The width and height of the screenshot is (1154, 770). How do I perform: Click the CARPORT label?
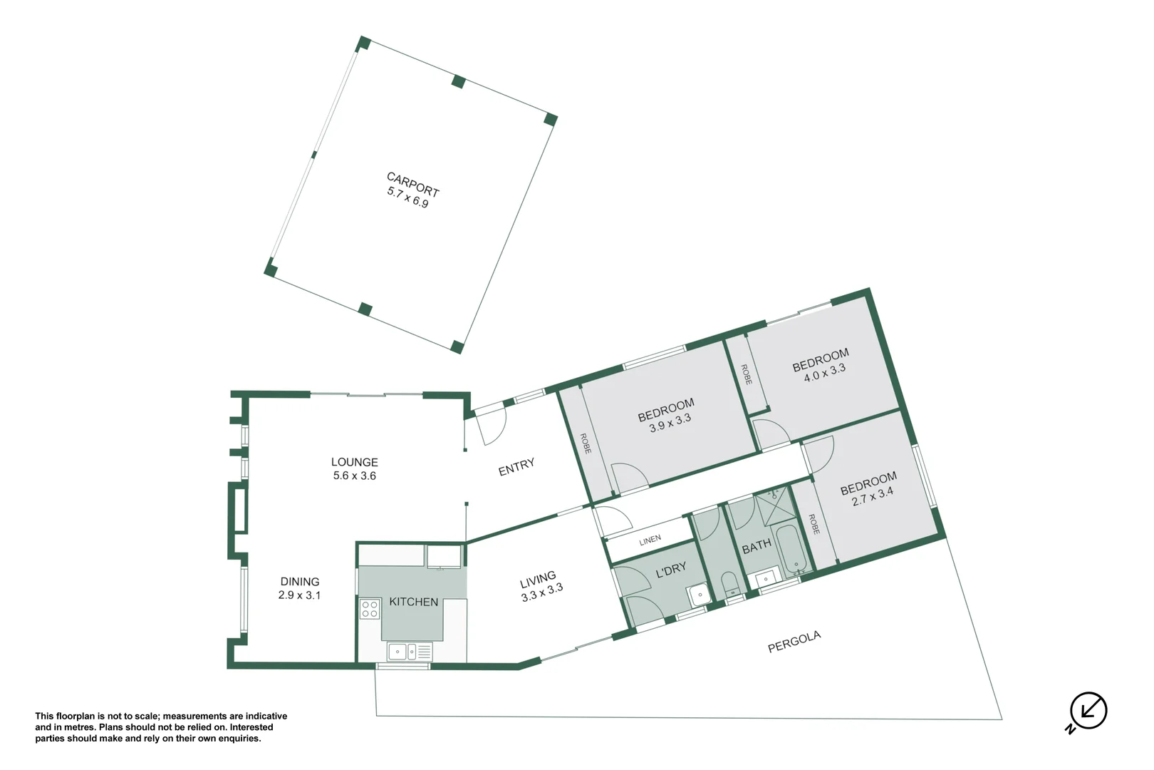pyautogui.click(x=412, y=184)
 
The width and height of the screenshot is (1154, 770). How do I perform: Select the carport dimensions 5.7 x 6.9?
pyautogui.click(x=407, y=197)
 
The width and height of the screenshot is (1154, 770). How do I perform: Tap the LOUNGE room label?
pyautogui.click(x=354, y=462)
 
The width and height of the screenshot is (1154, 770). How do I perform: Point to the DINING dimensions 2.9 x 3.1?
pyautogui.click(x=299, y=595)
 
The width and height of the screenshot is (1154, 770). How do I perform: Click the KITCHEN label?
pyautogui.click(x=413, y=602)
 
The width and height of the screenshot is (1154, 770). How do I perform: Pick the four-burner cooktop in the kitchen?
pyautogui.click(x=370, y=609)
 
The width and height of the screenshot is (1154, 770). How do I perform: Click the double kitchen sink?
pyautogui.click(x=402, y=651)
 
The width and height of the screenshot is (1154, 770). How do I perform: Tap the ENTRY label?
pyautogui.click(x=516, y=468)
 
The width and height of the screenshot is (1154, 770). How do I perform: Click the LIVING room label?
pyautogui.click(x=538, y=578)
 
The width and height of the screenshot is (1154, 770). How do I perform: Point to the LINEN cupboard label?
pyautogui.click(x=650, y=540)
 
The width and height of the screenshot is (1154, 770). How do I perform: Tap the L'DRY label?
pyautogui.click(x=670, y=569)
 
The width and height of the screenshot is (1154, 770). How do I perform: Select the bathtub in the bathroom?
pyautogui.click(x=790, y=550)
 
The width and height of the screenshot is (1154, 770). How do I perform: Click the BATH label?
pyautogui.click(x=756, y=546)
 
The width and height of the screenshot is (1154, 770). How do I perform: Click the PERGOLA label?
pyautogui.click(x=794, y=642)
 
